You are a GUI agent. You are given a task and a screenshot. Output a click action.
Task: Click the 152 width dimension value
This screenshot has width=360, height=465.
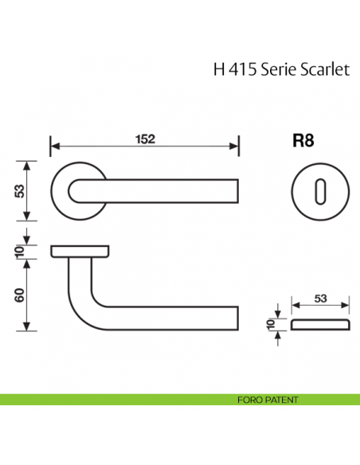click(x=143, y=138)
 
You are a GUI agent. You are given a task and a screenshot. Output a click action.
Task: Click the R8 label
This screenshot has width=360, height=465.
click(x=303, y=141)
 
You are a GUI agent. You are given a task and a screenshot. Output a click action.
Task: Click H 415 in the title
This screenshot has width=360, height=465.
click(x=230, y=69)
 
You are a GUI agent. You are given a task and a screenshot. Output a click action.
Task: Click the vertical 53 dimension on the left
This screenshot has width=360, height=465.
click(x=18, y=191)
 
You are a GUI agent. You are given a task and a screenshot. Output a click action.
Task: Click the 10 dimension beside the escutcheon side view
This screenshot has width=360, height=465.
click(x=272, y=325)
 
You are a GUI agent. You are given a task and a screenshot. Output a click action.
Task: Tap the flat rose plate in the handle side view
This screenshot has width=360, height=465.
click(x=80, y=252)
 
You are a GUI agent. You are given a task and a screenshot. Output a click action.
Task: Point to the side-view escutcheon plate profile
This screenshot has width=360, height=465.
click(x=320, y=325)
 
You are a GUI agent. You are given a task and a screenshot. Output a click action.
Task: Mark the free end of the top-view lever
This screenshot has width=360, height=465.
click(x=234, y=191)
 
